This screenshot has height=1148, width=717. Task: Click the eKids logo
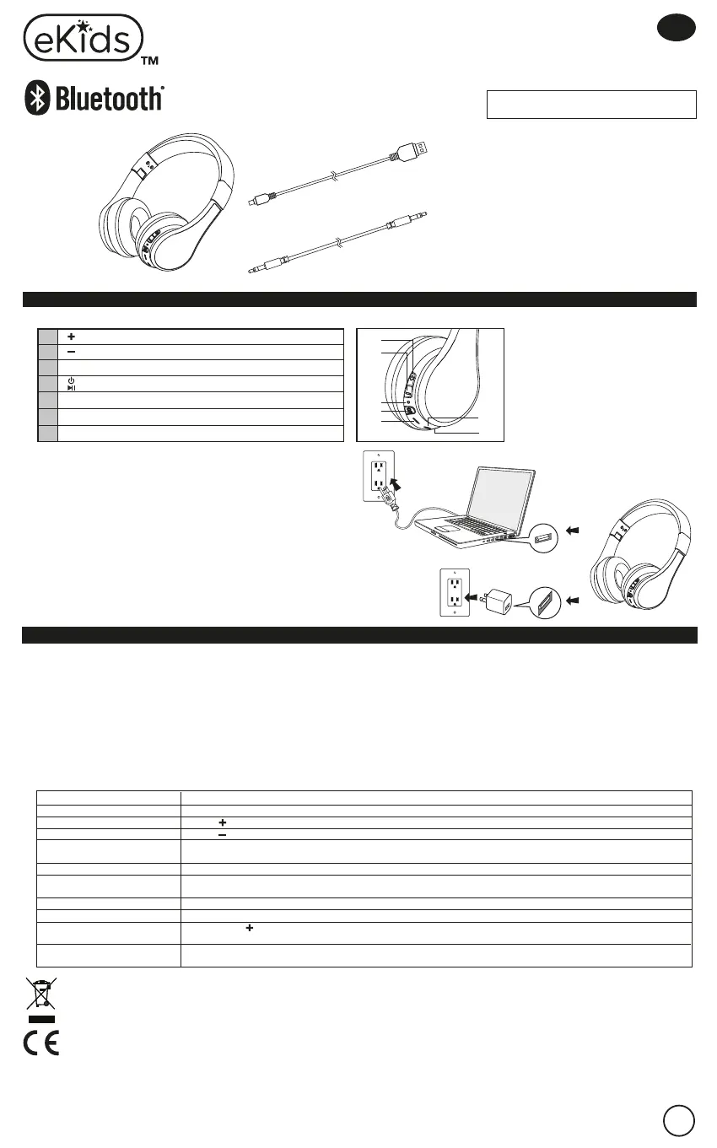(x=82, y=38)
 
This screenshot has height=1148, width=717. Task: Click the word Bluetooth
(x=109, y=100)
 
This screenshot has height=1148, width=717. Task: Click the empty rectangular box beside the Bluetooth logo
(x=591, y=105)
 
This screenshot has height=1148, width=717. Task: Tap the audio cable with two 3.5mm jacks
(x=337, y=245)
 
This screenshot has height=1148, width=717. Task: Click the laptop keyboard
(x=472, y=526)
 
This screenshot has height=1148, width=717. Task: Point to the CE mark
(x=40, y=1043)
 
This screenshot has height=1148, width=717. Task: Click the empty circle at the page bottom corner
(x=679, y=1119)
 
